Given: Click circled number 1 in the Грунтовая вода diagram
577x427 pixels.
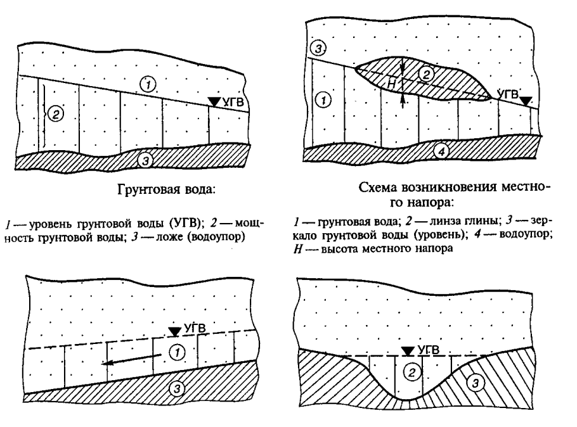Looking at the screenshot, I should click(x=145, y=84).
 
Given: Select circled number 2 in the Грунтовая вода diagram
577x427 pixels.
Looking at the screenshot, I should click(x=56, y=114).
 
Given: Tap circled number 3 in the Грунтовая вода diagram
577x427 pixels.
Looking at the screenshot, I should click(x=146, y=161).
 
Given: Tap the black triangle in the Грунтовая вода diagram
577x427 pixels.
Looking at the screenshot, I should click(x=216, y=101).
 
